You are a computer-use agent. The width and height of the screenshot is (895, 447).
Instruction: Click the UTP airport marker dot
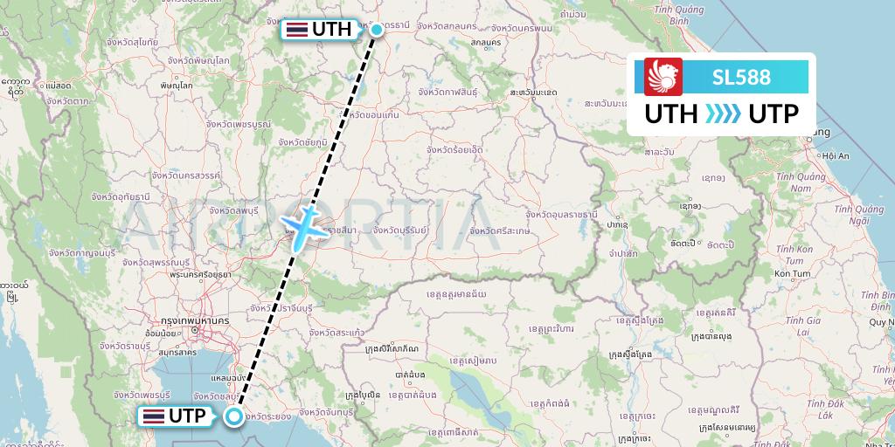click(x=234, y=416)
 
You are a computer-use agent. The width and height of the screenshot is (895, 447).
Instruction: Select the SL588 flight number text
click(x=741, y=78)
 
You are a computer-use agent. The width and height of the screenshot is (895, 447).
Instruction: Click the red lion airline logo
click(x=663, y=77)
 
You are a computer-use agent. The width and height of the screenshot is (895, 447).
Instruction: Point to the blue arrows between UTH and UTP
click(x=722, y=114)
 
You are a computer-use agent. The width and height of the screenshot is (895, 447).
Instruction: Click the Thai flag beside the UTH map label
click(x=296, y=30)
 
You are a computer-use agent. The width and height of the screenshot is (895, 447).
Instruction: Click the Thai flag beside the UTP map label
click(x=154, y=416)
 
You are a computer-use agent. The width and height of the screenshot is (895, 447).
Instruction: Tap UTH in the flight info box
click(x=671, y=114)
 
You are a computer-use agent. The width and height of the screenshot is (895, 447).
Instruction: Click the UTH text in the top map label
click(x=331, y=30)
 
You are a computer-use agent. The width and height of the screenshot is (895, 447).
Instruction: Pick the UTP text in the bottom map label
click(x=188, y=416)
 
